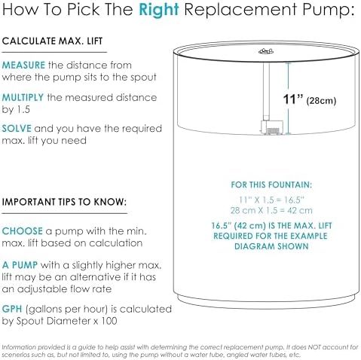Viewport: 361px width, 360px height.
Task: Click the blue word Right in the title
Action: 159,10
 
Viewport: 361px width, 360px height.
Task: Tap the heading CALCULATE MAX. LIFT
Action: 52,41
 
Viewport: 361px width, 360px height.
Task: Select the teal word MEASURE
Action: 23,66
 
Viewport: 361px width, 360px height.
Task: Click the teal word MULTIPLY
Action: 23,97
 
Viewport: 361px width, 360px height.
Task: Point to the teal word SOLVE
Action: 17,129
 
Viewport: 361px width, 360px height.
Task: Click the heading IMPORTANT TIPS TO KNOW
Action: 64,202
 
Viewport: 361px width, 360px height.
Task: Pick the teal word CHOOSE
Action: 23,231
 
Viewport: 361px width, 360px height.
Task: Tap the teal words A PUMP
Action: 20,265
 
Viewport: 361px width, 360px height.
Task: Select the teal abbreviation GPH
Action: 12,309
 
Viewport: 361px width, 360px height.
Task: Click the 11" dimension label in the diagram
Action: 293,99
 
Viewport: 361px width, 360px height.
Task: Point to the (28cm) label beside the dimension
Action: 321,101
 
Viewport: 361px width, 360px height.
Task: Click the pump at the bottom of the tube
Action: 272,127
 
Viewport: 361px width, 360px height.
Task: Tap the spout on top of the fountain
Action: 266,51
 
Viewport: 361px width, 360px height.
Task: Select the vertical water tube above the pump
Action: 266,91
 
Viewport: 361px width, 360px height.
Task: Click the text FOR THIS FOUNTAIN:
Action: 271,185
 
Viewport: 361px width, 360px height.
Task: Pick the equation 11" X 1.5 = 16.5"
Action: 271,200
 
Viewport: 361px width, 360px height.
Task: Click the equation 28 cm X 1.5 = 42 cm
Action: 271,210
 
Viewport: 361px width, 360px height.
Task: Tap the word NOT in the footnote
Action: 315,347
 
